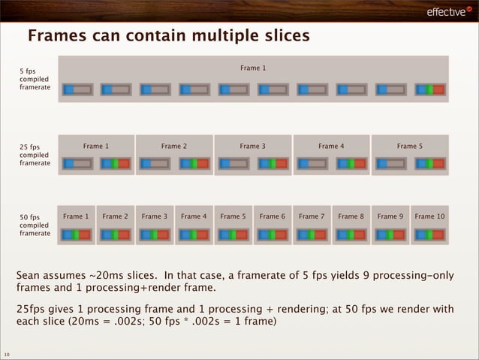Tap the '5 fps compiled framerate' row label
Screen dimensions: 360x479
click(35, 80)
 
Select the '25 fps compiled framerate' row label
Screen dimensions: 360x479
click(35, 155)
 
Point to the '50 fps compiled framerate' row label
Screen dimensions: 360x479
click(35, 225)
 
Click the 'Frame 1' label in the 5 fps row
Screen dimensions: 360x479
click(253, 68)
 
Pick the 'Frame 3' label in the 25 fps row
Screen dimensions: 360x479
click(253, 147)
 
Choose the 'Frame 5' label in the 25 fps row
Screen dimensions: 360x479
click(410, 147)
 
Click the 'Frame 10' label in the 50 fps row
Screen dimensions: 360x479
click(429, 216)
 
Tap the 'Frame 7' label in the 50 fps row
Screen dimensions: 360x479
click(312, 216)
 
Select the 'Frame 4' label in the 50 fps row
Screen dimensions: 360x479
click(194, 216)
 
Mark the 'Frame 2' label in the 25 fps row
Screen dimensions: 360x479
click(174, 147)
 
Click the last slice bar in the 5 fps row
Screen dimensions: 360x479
click(429, 89)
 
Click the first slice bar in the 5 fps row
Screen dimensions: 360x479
click(77, 89)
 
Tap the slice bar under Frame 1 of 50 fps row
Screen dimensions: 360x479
click(77, 234)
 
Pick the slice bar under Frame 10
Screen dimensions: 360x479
click(429, 234)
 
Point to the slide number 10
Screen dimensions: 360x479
click(7, 354)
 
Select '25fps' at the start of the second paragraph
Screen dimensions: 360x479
click(33, 310)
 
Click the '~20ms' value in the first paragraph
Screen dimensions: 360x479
click(106, 276)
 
